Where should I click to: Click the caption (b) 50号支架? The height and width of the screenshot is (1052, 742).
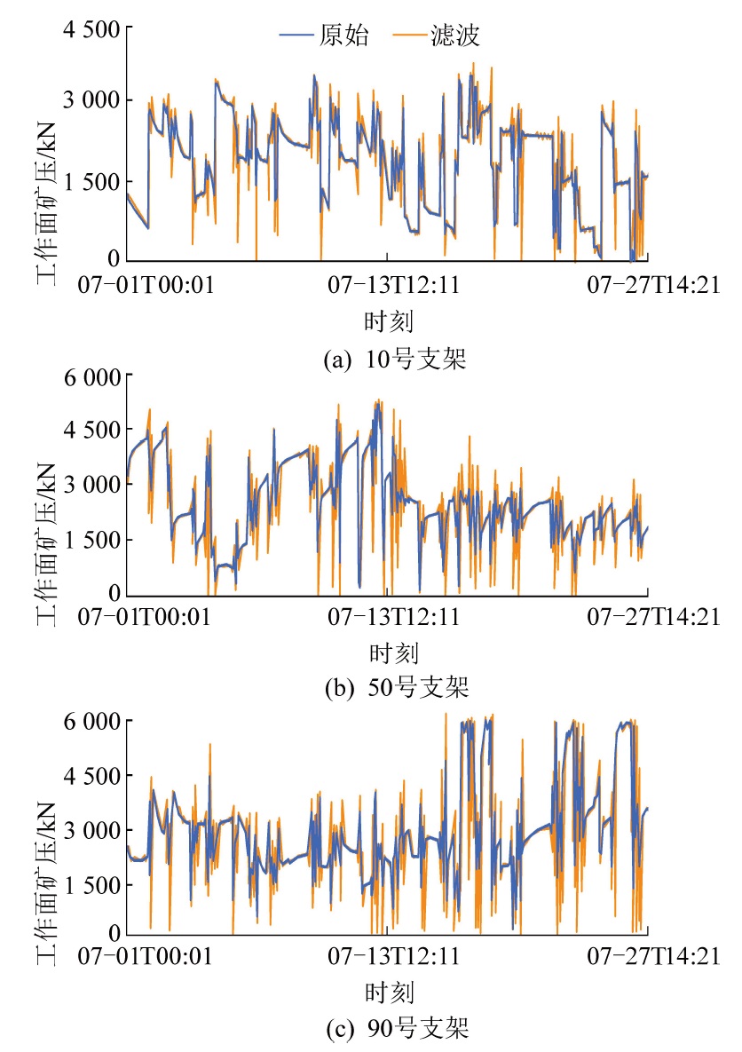pyautogui.click(x=395, y=687)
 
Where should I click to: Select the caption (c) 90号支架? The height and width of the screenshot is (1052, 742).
pyautogui.click(x=395, y=1030)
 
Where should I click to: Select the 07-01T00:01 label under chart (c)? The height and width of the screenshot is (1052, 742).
pyautogui.click(x=145, y=956)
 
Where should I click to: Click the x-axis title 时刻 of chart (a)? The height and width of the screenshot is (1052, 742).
pyautogui.click(x=388, y=319)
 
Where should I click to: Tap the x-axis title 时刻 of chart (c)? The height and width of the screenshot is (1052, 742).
pyautogui.click(x=388, y=991)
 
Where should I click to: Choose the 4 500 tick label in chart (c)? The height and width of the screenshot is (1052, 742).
pyautogui.click(x=91, y=776)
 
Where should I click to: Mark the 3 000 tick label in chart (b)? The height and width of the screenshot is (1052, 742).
pyautogui.click(x=91, y=485)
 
